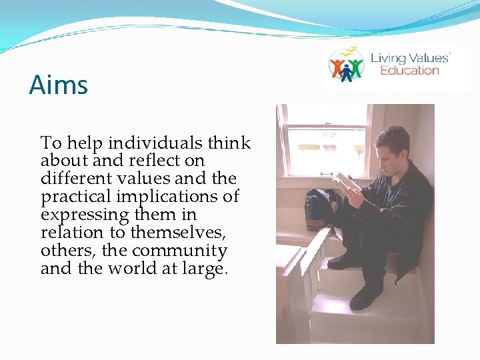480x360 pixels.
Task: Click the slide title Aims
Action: pos(59,85)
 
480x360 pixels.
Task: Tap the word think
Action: pos(229,143)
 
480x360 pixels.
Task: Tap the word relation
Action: pos(68,233)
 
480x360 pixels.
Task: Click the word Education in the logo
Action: pos(409,71)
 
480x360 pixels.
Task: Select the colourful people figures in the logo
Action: pos(346,67)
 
